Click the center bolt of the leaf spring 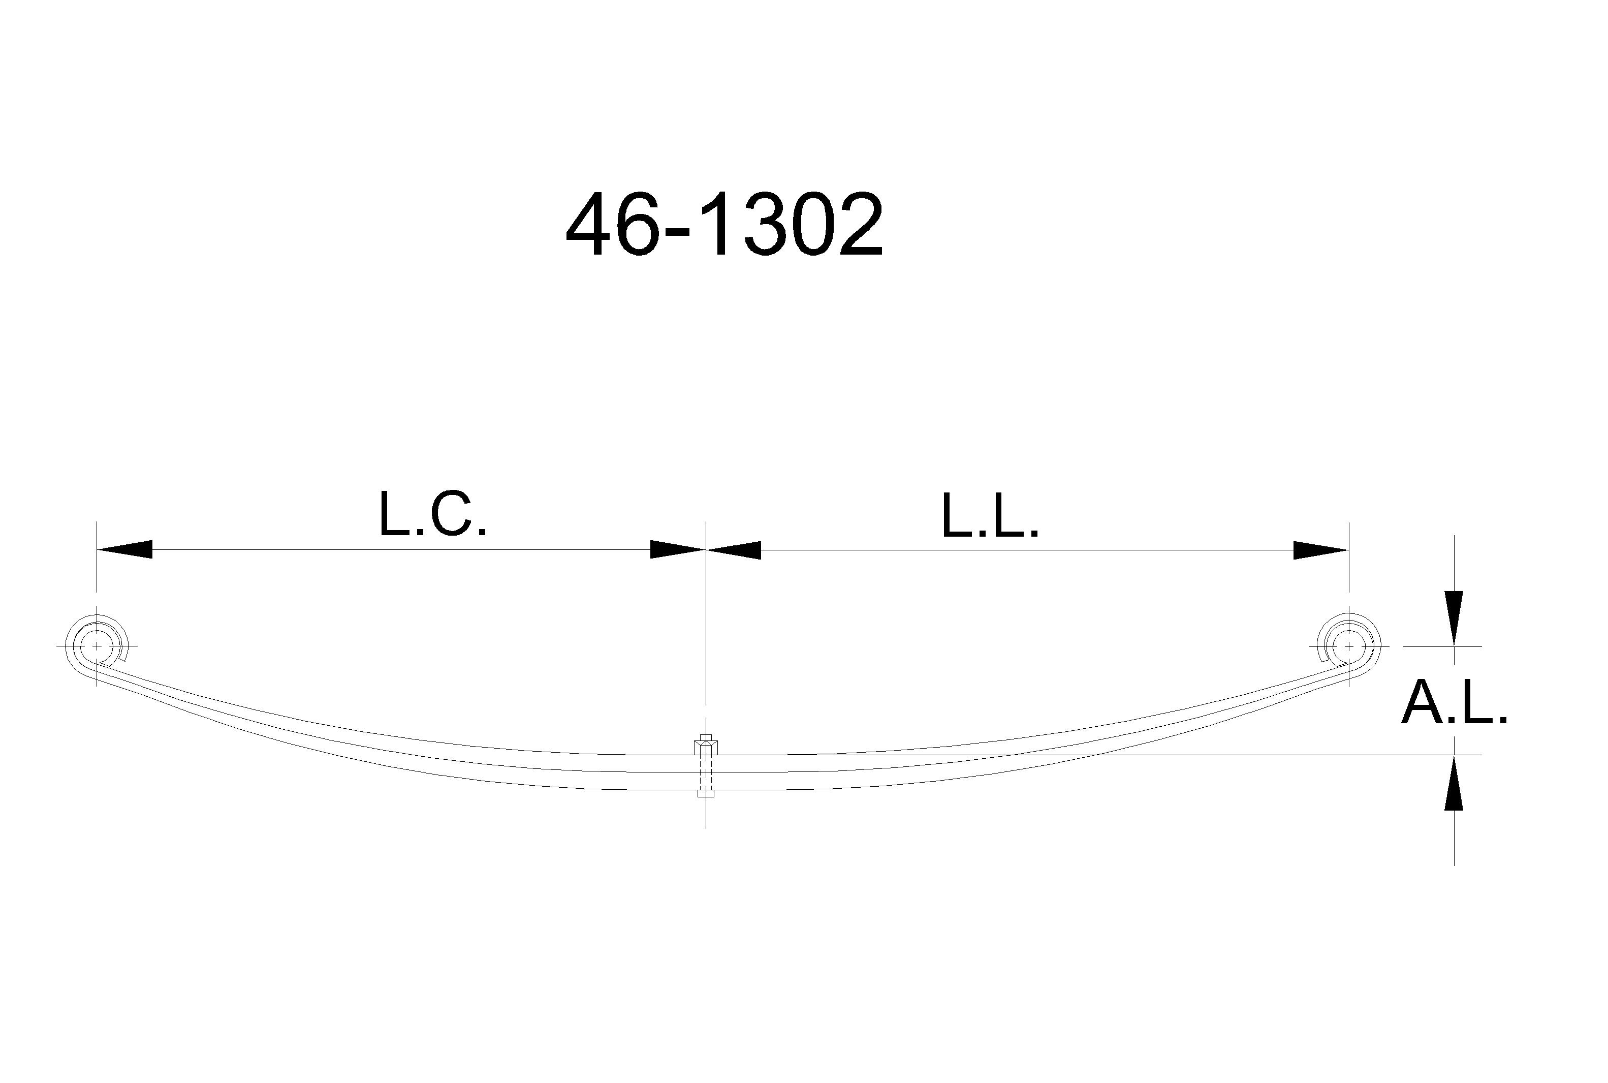tap(706, 766)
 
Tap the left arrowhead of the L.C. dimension tap(124, 550)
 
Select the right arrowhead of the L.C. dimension tap(677, 550)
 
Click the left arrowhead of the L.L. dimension tap(733, 550)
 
